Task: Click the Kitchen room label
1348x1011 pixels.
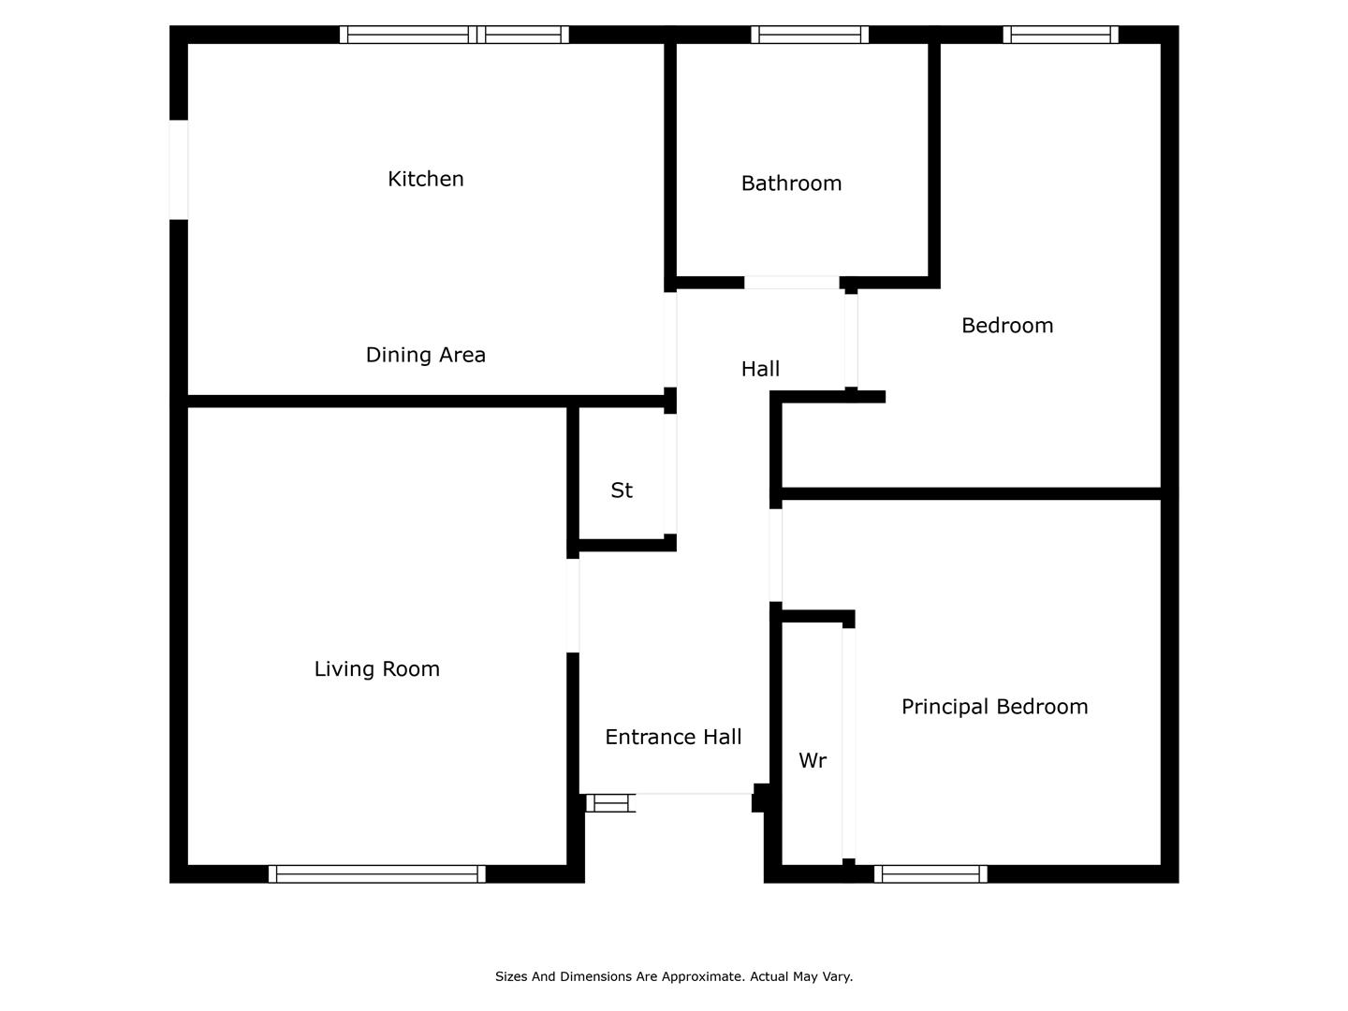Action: coord(426,179)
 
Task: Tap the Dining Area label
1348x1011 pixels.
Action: coord(426,355)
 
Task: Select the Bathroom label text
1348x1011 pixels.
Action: coord(791,183)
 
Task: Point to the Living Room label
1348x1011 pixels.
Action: coord(377,668)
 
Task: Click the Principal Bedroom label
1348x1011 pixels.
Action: coord(994,707)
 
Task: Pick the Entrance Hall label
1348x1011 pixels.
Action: coord(673,737)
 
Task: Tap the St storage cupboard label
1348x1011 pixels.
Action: coord(622,491)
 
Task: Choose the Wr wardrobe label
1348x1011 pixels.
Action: coord(813,760)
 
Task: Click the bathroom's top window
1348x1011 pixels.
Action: coord(810,35)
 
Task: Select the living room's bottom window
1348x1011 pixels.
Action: coord(377,873)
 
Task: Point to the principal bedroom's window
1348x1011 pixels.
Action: coord(930,873)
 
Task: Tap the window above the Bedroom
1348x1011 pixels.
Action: coord(1061,35)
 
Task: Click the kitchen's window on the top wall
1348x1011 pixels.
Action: coord(454,35)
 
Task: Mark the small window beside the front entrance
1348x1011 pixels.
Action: coord(609,803)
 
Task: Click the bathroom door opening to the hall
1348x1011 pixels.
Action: coord(792,283)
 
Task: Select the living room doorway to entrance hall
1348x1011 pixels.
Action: coord(572,606)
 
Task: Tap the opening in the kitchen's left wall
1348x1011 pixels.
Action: coord(179,169)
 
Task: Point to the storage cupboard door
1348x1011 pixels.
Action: coord(670,474)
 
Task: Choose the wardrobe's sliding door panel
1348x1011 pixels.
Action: coord(849,743)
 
